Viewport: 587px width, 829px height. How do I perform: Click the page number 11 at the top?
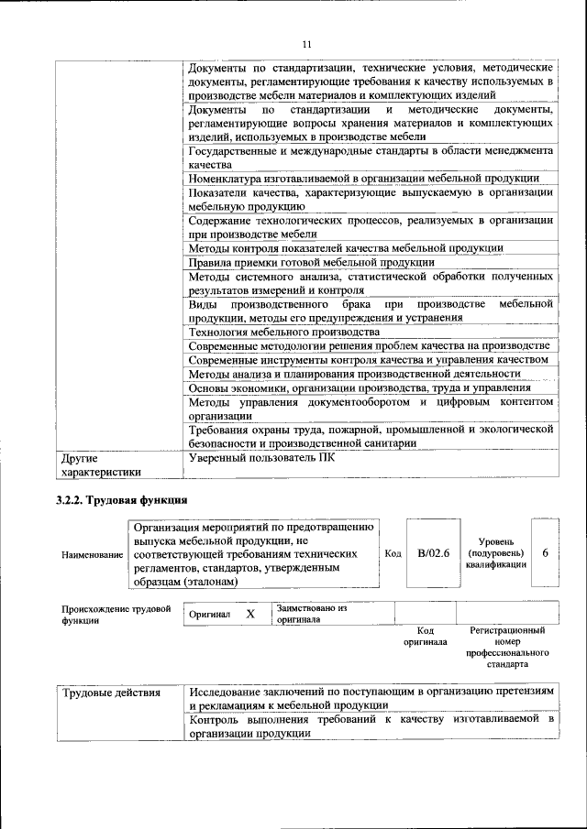point(306,44)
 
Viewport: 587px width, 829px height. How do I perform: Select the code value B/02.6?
point(427,552)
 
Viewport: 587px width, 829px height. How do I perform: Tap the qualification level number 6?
point(545,553)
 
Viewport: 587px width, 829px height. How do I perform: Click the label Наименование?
point(92,555)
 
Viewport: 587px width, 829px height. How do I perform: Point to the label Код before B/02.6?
point(393,553)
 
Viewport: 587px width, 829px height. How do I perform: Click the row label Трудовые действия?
point(110,693)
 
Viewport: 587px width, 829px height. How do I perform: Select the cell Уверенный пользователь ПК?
point(261,458)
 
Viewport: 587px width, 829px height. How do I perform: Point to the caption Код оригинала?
point(425,636)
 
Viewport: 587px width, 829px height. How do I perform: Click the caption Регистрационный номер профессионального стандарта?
point(507,648)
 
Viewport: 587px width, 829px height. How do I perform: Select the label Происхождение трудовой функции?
point(116,614)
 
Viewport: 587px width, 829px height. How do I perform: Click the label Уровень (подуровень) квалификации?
point(495,553)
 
